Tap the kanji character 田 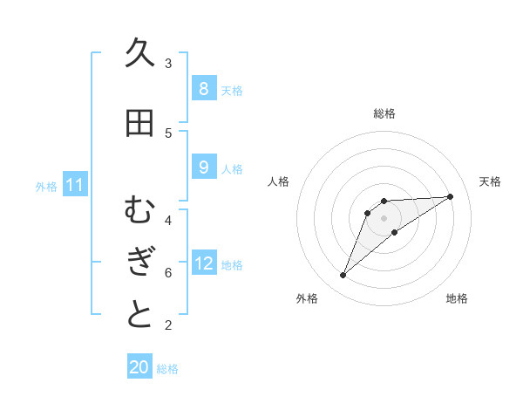pyautogui.click(x=139, y=122)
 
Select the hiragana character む pyautogui.click(x=139, y=209)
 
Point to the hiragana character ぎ pyautogui.click(x=139, y=262)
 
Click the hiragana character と pyautogui.click(x=139, y=315)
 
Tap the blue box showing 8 pyautogui.click(x=203, y=89)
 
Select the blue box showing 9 pyautogui.click(x=203, y=167)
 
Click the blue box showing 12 pyautogui.click(x=204, y=264)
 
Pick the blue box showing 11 pyautogui.click(x=74, y=185)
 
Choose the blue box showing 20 pyautogui.click(x=139, y=367)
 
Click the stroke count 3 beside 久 pyautogui.click(x=168, y=64)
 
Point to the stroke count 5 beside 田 pyautogui.click(x=168, y=133)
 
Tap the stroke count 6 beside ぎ pyautogui.click(x=168, y=273)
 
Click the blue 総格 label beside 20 pyautogui.click(x=167, y=369)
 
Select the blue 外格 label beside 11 pyautogui.click(x=46, y=187)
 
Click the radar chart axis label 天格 pyautogui.click(x=490, y=181)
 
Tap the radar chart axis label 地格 pyautogui.click(x=457, y=298)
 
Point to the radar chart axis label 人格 pyautogui.click(x=278, y=181)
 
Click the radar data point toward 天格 pyautogui.click(x=450, y=196)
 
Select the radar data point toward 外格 pyautogui.click(x=343, y=276)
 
